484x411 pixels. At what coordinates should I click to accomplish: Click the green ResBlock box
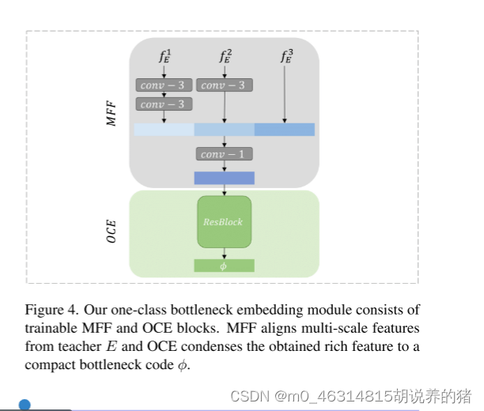224,221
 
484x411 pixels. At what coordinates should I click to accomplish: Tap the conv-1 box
224,154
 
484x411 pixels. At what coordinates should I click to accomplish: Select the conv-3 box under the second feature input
224,85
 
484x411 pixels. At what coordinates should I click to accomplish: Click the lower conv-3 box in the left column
163,104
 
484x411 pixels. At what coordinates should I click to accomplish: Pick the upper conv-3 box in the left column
163,85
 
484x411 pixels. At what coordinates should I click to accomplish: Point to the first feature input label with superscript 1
164,56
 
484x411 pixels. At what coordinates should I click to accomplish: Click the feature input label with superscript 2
225,56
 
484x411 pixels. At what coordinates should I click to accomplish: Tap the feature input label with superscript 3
285,56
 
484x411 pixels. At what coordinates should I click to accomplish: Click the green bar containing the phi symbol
224,266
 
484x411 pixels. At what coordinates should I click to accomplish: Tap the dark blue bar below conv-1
224,178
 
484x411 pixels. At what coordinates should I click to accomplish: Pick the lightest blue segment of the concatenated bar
164,130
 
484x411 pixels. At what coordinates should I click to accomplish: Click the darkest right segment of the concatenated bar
285,130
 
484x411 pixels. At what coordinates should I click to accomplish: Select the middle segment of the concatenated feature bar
224,130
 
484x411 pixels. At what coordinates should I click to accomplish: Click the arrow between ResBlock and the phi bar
225,253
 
